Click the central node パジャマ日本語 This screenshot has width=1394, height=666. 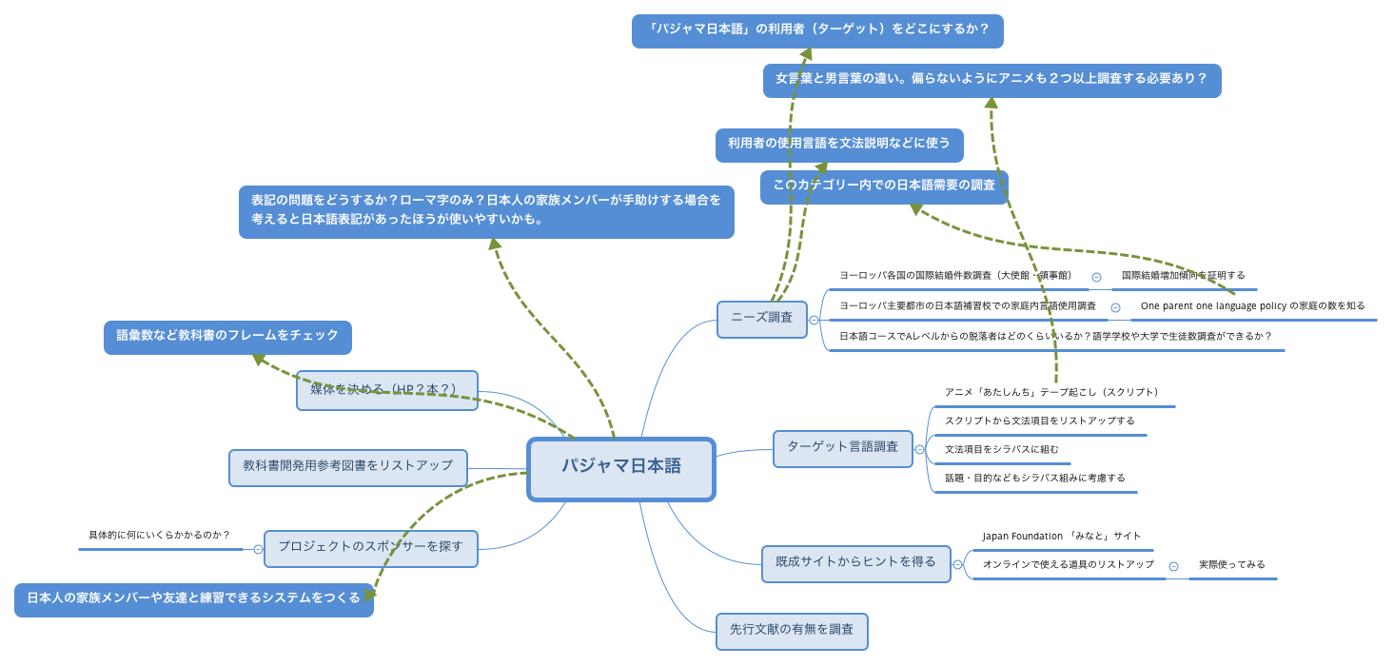[620, 467]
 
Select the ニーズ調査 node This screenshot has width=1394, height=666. [761, 319]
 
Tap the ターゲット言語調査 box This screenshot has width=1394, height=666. [842, 447]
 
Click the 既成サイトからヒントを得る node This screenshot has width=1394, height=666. [855, 563]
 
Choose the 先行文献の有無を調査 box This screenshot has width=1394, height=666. [792, 630]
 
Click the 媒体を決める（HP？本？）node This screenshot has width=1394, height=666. [386, 390]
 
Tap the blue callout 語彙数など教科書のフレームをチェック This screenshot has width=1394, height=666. [227, 337]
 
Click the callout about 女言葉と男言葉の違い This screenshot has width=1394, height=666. [992, 80]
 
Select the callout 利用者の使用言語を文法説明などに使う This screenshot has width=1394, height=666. [838, 145]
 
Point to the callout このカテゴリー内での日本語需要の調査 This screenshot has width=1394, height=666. [883, 186]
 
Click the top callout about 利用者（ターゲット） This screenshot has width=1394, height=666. [816, 30]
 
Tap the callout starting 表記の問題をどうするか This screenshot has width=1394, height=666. [486, 211]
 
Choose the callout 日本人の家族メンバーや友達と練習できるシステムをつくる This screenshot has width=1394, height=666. [193, 599]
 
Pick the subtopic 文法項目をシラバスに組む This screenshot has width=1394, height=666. [1001, 450]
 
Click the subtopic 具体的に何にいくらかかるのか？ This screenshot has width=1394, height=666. [159, 537]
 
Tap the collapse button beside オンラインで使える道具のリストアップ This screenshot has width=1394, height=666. [1173, 566]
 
